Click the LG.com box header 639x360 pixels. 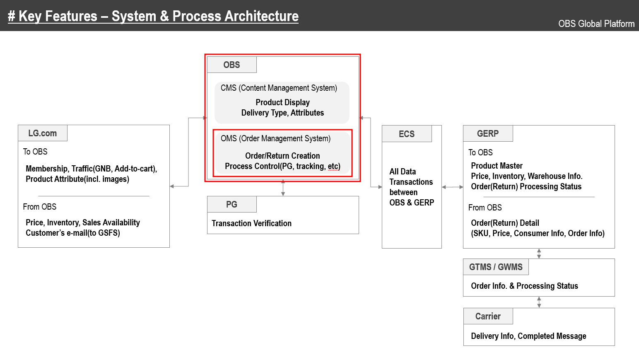[x=43, y=133]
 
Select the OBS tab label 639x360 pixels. [x=231, y=65]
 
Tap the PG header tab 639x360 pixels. [x=231, y=205]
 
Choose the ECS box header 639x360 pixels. [x=407, y=134]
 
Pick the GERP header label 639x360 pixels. [x=488, y=134]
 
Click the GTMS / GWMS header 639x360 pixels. [x=496, y=267]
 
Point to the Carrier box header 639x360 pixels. [x=488, y=317]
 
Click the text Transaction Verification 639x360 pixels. [x=251, y=223]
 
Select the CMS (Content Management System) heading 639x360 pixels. [x=279, y=88]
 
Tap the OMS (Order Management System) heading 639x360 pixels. [x=275, y=139]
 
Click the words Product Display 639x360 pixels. [x=282, y=102]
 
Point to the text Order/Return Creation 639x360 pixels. [x=282, y=156]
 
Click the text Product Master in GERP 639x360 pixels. [x=497, y=166]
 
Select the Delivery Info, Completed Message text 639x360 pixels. [x=528, y=336]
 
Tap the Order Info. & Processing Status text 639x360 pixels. [x=524, y=286]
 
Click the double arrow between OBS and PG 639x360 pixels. [x=283, y=188]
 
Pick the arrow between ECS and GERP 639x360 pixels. [x=452, y=187]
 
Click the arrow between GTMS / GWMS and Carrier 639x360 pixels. [x=539, y=302]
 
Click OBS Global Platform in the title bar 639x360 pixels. [x=596, y=24]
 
